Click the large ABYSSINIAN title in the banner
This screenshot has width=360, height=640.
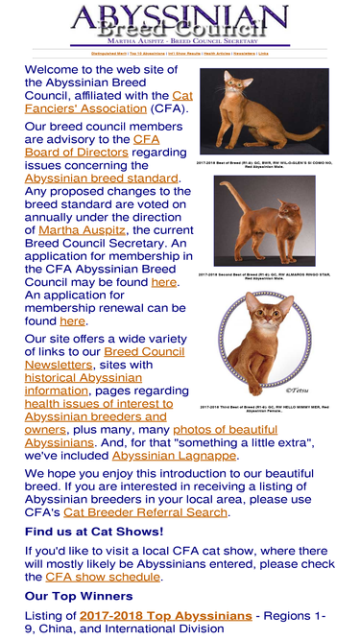coord(180,17)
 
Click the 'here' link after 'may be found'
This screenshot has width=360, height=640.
coord(163,282)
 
